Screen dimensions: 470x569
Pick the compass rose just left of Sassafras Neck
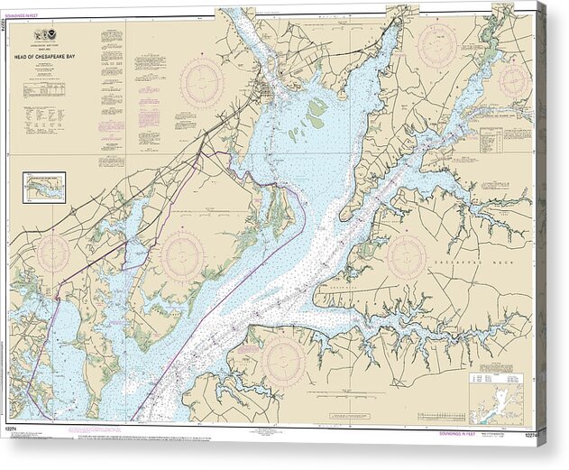406,256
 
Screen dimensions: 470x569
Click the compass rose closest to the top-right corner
513,81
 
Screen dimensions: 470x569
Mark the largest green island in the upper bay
316,113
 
